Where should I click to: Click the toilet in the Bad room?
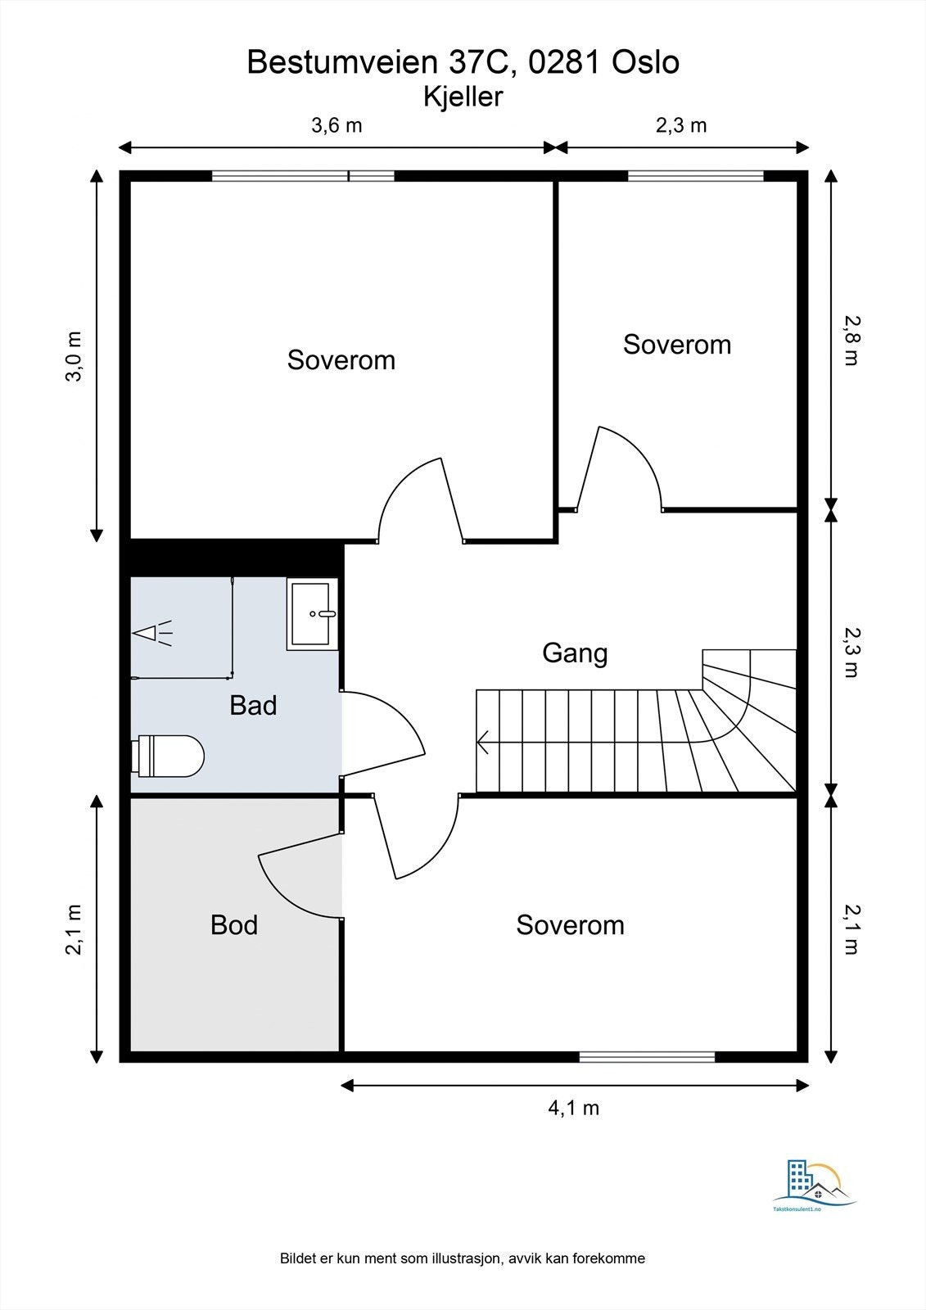click(168, 757)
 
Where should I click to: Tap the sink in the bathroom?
click(312, 614)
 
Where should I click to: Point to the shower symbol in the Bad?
click(152, 633)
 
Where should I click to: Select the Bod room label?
click(234, 925)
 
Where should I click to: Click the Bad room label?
click(253, 705)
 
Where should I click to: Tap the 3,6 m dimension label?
click(337, 126)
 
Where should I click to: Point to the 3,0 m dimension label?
click(75, 356)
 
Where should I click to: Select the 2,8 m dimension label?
click(851, 341)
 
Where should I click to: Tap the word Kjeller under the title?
click(463, 97)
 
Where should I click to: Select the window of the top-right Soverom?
click(696, 175)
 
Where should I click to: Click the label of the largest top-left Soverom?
click(341, 359)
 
